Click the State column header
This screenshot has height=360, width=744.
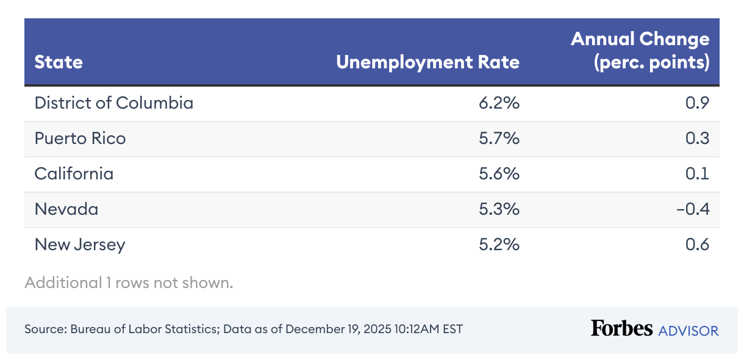pyautogui.click(x=59, y=62)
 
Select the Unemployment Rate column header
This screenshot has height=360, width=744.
pyautogui.click(x=428, y=62)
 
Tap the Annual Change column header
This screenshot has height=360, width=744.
pyautogui.click(x=640, y=51)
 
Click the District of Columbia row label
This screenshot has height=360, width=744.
pyautogui.click(x=113, y=103)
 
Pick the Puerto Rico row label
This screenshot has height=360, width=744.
pyautogui.click(x=80, y=139)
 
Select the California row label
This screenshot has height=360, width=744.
pyautogui.click(x=74, y=174)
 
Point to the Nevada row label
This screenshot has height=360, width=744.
pyautogui.click(x=66, y=209)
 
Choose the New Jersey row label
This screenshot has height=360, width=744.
pyautogui.click(x=80, y=245)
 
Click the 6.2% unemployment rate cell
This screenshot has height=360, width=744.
pyautogui.click(x=499, y=103)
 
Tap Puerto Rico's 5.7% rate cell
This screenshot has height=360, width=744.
pyautogui.click(x=499, y=139)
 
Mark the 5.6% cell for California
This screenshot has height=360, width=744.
pyautogui.click(x=499, y=174)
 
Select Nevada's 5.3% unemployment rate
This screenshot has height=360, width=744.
pyautogui.click(x=499, y=209)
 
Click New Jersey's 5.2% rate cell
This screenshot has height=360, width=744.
pyautogui.click(x=499, y=245)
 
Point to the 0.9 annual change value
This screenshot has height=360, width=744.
pyautogui.click(x=698, y=103)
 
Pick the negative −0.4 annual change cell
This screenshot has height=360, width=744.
pyautogui.click(x=693, y=209)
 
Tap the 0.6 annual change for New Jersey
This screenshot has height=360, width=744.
pyautogui.click(x=698, y=245)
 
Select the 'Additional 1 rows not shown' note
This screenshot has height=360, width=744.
pyautogui.click(x=129, y=283)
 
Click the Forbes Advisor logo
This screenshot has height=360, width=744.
pyautogui.click(x=654, y=329)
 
